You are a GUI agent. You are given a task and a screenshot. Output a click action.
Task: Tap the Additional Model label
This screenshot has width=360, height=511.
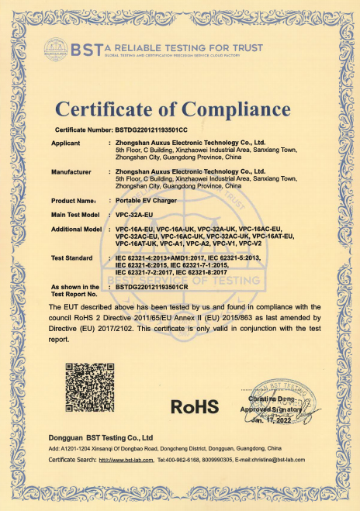(77, 230)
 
